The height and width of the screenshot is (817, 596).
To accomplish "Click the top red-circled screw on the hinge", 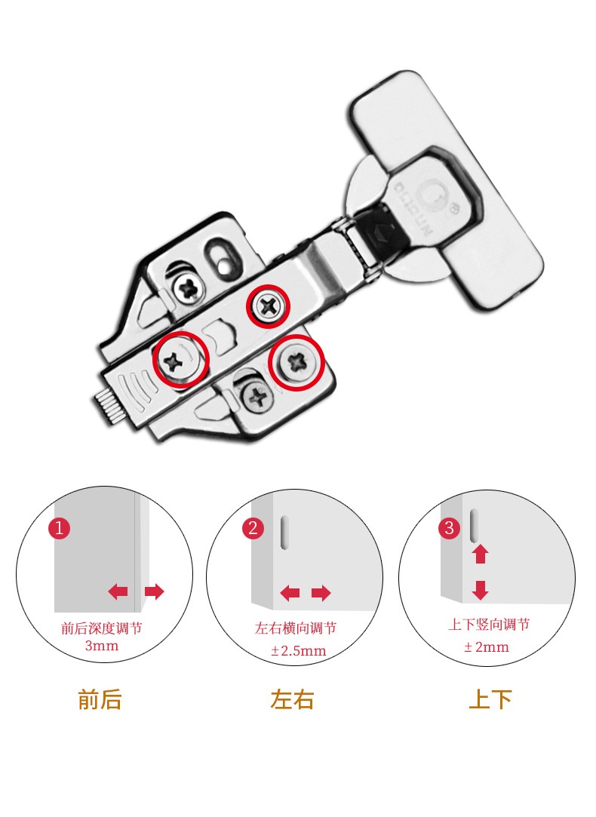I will [269, 306].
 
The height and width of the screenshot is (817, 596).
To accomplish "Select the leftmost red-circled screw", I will [181, 359].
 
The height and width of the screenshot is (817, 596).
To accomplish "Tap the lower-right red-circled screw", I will [296, 364].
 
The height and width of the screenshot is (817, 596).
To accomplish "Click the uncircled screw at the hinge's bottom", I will [257, 395].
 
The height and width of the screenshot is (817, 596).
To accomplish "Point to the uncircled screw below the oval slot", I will [185, 287].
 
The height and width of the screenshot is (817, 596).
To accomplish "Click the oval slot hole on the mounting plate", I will [219, 252].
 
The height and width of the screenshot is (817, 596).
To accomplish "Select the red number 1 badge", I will [60, 527].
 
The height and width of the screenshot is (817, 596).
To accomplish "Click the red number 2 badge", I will [253, 528].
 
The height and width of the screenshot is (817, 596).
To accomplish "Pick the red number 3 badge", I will [450, 528].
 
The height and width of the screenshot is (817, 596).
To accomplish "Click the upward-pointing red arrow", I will [480, 554].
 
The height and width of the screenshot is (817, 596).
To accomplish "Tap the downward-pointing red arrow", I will [480, 590].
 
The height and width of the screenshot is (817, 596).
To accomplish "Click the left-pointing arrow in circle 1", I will [118, 591].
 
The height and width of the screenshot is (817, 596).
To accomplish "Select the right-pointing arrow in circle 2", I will [321, 594].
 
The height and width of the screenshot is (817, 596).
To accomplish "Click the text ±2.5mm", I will [298, 650].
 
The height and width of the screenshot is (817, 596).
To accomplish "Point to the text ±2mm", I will [486, 647].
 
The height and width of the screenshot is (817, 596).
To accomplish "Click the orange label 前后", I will [100, 700].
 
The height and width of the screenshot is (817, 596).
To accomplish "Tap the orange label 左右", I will [292, 700].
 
